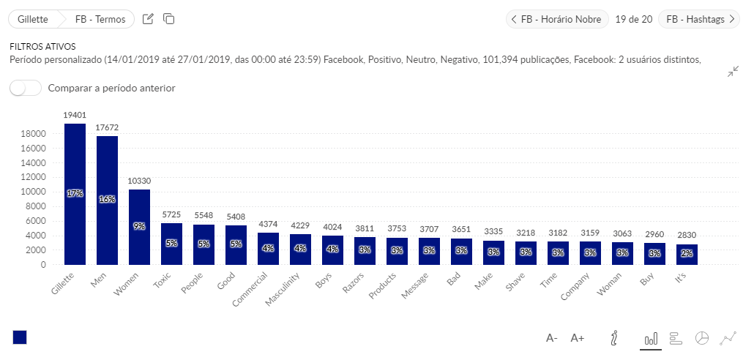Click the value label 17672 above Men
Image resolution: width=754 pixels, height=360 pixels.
[107, 128]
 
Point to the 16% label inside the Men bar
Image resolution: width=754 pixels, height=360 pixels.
[107, 199]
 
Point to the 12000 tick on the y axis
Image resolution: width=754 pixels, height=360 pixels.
[34, 178]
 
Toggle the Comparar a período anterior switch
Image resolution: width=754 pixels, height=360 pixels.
[26, 88]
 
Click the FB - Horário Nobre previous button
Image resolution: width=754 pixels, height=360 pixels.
[557, 19]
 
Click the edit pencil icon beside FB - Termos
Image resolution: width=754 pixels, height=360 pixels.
[148, 19]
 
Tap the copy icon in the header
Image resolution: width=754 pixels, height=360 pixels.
[168, 19]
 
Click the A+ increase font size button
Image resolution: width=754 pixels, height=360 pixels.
[578, 338]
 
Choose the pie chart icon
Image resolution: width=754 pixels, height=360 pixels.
[701, 338]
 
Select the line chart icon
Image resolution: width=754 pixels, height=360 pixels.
[728, 338]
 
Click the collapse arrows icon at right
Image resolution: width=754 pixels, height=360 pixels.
[733, 72]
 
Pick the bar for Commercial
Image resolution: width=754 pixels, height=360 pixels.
[268, 248]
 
